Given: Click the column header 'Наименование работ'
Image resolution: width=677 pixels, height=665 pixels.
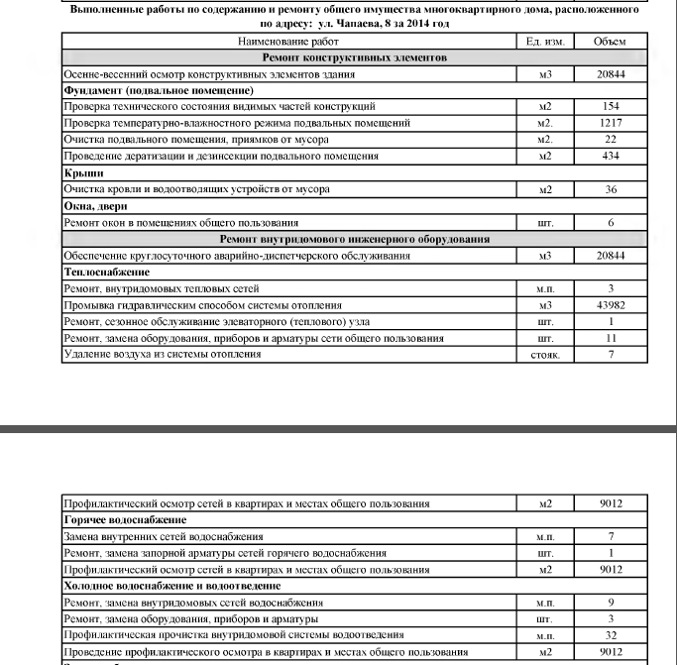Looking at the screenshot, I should [288, 42].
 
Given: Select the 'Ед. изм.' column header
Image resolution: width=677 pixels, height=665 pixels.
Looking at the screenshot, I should [544, 42].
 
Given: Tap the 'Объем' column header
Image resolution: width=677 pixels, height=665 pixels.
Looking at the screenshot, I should [610, 42].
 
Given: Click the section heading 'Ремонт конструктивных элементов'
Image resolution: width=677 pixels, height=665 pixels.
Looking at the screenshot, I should [354, 57].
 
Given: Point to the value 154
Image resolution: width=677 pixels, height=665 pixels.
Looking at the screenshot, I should [611, 106].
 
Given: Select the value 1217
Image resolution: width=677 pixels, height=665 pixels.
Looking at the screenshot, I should [611, 123].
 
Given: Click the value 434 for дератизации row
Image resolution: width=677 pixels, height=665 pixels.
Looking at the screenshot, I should [611, 156].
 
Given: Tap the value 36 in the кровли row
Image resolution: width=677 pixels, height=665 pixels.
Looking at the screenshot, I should [611, 189].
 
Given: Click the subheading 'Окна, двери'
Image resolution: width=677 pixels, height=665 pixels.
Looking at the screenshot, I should [97, 206].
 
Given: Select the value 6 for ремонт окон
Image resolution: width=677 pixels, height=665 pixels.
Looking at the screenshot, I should [611, 223].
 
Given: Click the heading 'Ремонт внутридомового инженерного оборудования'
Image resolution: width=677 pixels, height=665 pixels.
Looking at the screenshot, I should [354, 239].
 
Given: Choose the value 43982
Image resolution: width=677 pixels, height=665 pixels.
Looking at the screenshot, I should [611, 305].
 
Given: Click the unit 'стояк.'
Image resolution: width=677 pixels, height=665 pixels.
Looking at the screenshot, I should [544, 355].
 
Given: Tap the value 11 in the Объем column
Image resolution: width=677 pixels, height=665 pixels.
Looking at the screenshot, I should [611, 338].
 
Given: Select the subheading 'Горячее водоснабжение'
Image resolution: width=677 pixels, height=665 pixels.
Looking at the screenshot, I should [125, 519].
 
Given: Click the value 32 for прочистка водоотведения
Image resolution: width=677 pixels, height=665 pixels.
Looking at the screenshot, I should [612, 635].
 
